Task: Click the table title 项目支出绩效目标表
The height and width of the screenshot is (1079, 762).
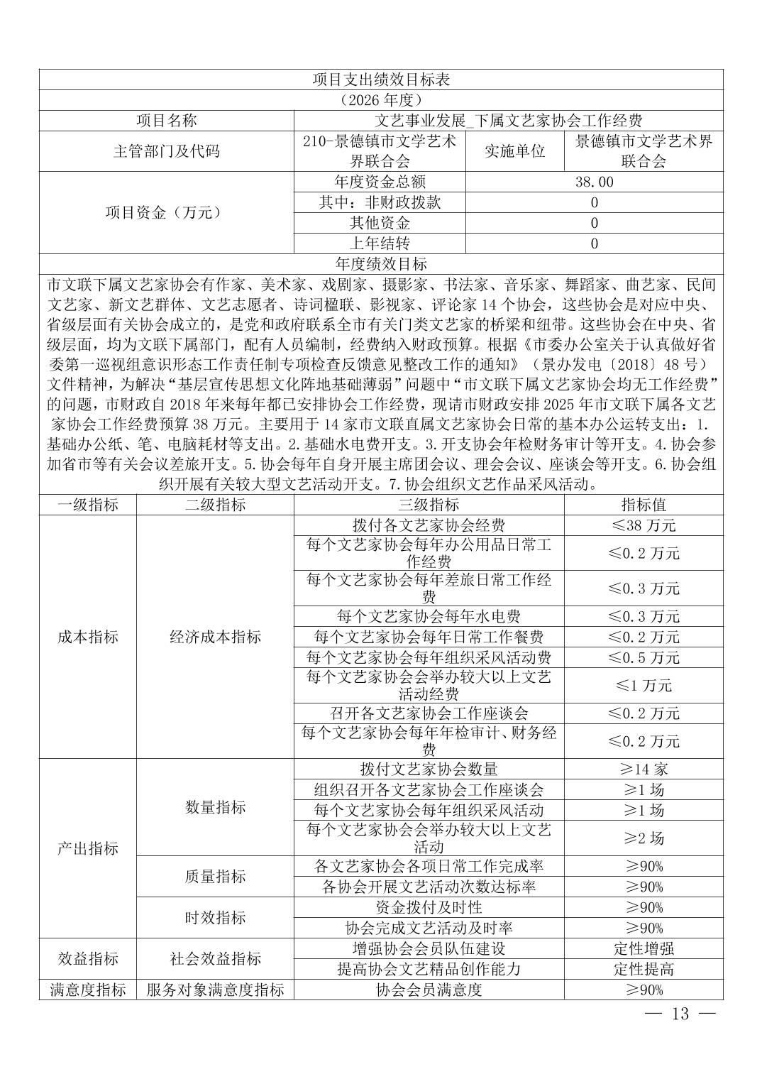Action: (x=381, y=80)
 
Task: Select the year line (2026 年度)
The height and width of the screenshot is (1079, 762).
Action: (x=381, y=100)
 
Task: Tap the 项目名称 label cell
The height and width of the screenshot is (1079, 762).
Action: (x=166, y=121)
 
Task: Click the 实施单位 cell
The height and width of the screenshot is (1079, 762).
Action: (x=514, y=151)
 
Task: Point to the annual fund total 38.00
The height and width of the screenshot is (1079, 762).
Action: (x=594, y=182)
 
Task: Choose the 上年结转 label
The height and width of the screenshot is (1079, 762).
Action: (x=380, y=243)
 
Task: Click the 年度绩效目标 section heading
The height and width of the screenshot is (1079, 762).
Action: (x=381, y=264)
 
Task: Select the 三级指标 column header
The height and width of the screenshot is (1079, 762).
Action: (x=429, y=505)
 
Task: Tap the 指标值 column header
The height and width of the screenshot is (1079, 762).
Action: (x=644, y=505)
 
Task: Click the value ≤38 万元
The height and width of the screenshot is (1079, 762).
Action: (x=644, y=526)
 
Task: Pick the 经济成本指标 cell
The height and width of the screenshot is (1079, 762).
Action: (x=215, y=637)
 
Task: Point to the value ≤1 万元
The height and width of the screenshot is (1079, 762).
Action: (x=644, y=686)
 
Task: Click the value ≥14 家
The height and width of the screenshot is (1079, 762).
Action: (x=644, y=769)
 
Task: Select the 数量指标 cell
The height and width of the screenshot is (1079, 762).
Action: (x=215, y=807)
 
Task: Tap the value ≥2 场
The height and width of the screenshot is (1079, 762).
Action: (x=644, y=838)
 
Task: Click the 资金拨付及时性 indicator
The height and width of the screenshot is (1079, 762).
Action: (x=429, y=907)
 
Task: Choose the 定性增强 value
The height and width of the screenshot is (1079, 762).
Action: (x=644, y=948)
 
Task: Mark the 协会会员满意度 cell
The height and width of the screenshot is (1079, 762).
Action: (x=429, y=990)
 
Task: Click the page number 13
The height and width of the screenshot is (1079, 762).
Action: (x=680, y=1014)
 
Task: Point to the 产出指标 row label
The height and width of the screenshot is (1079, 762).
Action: (x=88, y=848)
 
